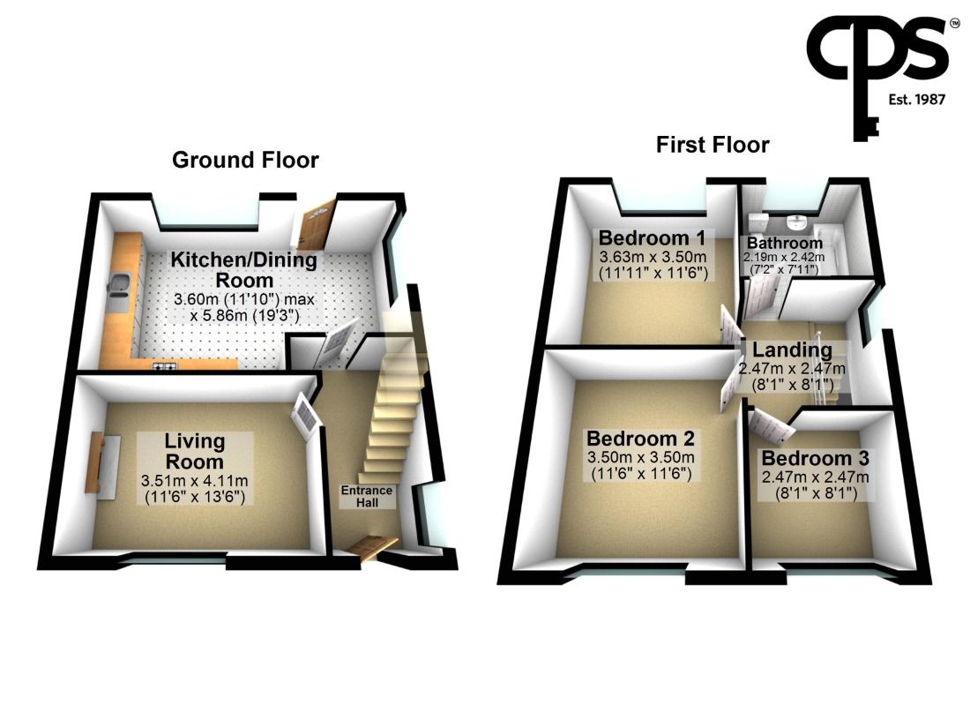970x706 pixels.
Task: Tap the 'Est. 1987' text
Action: click(x=916, y=100)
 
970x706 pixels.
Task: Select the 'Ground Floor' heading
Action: click(x=245, y=160)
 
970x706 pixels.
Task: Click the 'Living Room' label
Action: click(x=194, y=450)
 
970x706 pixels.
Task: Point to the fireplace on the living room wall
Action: click(x=95, y=463)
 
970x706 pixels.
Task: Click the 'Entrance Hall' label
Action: click(x=369, y=496)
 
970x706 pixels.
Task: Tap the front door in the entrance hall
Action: click(x=368, y=548)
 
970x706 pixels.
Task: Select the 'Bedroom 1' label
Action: click(x=652, y=238)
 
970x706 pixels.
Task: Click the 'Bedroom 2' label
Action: click(x=641, y=439)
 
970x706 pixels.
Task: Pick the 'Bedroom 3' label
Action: click(x=815, y=459)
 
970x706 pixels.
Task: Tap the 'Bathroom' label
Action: click(x=785, y=243)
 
